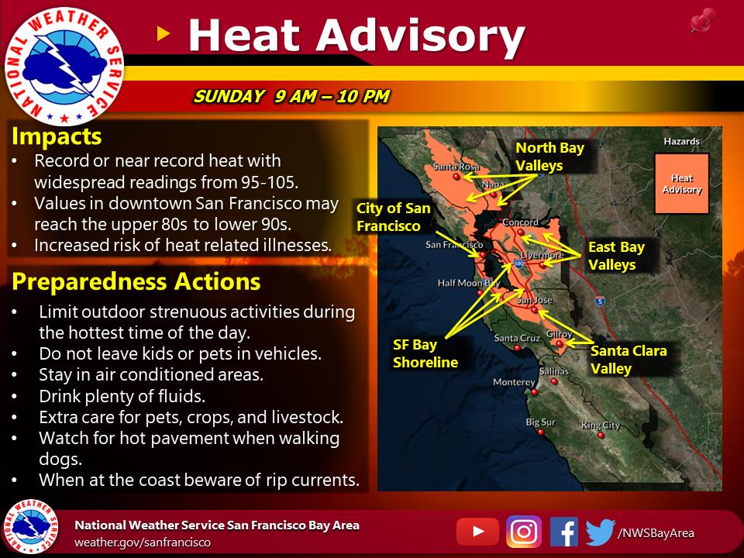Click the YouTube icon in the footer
coord(477,532)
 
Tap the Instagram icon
coord(524,532)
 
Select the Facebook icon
coord(563,532)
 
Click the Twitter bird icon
coord(600,532)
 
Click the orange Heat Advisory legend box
coord(682,184)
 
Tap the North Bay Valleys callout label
coord(550,157)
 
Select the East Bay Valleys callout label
coord(616,256)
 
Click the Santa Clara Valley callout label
coord(629,360)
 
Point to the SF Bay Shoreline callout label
coord(425,353)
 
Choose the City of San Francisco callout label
coord(394,217)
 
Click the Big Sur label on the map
coord(540,422)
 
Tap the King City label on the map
coord(601,425)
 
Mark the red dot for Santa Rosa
coord(456,177)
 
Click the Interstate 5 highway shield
coord(600,301)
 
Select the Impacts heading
coord(57,136)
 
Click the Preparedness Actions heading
coord(136,281)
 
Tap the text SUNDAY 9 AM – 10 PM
coord(291,96)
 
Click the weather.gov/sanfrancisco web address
coord(143,542)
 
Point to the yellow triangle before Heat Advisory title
coord(164,33)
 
